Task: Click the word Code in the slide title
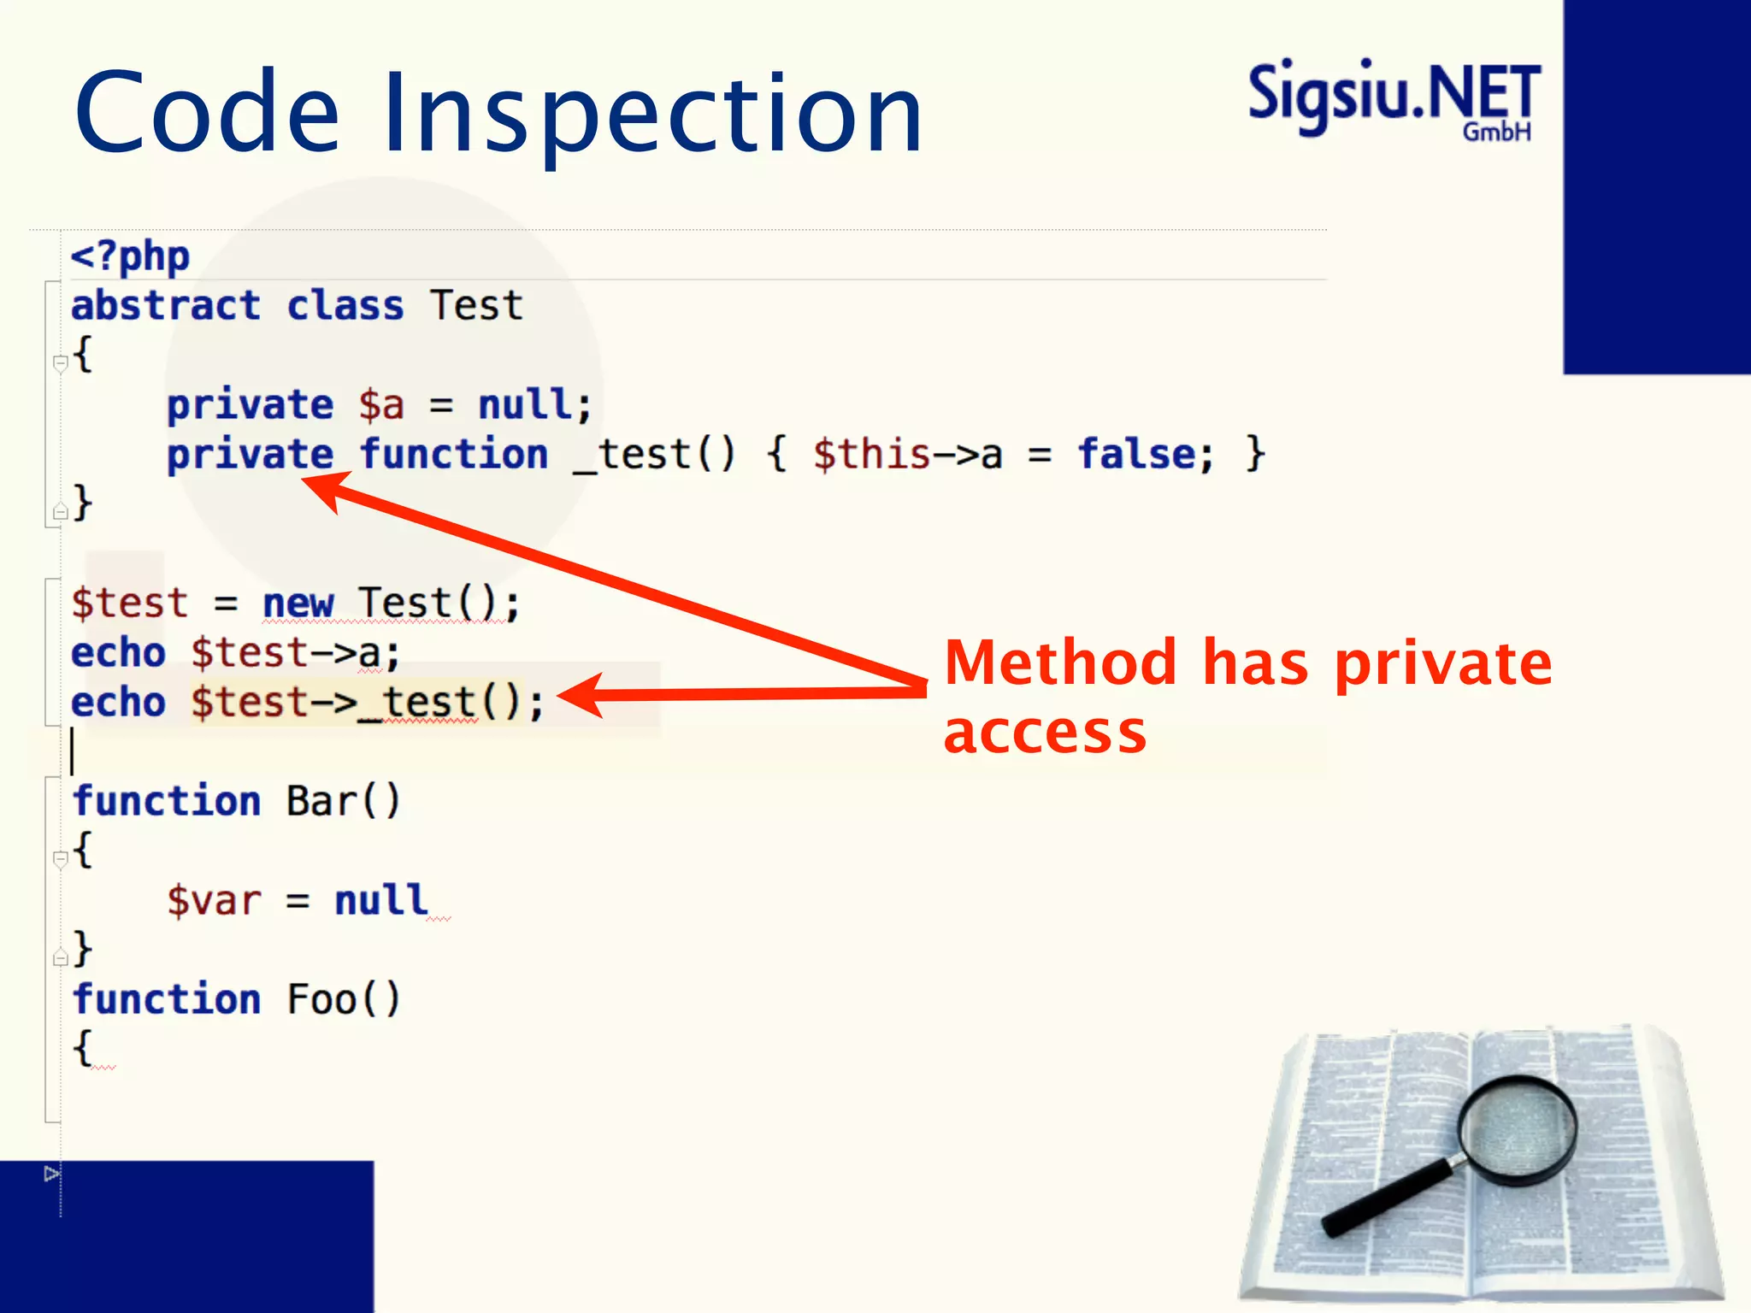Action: pyautogui.click(x=207, y=114)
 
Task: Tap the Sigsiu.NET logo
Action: pyautogui.click(x=1393, y=94)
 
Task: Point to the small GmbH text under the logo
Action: pyautogui.click(x=1496, y=132)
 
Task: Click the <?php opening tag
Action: pyautogui.click(x=130, y=256)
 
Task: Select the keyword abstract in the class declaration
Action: pyautogui.click(x=165, y=306)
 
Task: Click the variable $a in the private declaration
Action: pyautogui.click(x=380, y=405)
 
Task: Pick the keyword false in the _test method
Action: pyautogui.click(x=1136, y=454)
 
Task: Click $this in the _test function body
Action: pyautogui.click(x=870, y=454)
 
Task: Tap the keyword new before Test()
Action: pyautogui.click(x=297, y=604)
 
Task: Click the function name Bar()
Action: pyautogui.click(x=343, y=802)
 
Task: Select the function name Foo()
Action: pyautogui.click(x=343, y=999)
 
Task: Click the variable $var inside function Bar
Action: pyautogui.click(x=214, y=901)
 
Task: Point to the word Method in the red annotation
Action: pyautogui.click(x=1061, y=663)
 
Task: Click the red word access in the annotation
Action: pyautogui.click(x=1045, y=733)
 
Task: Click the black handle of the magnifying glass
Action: pyautogui.click(x=1386, y=1196)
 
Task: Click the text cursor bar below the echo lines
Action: pyautogui.click(x=73, y=751)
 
